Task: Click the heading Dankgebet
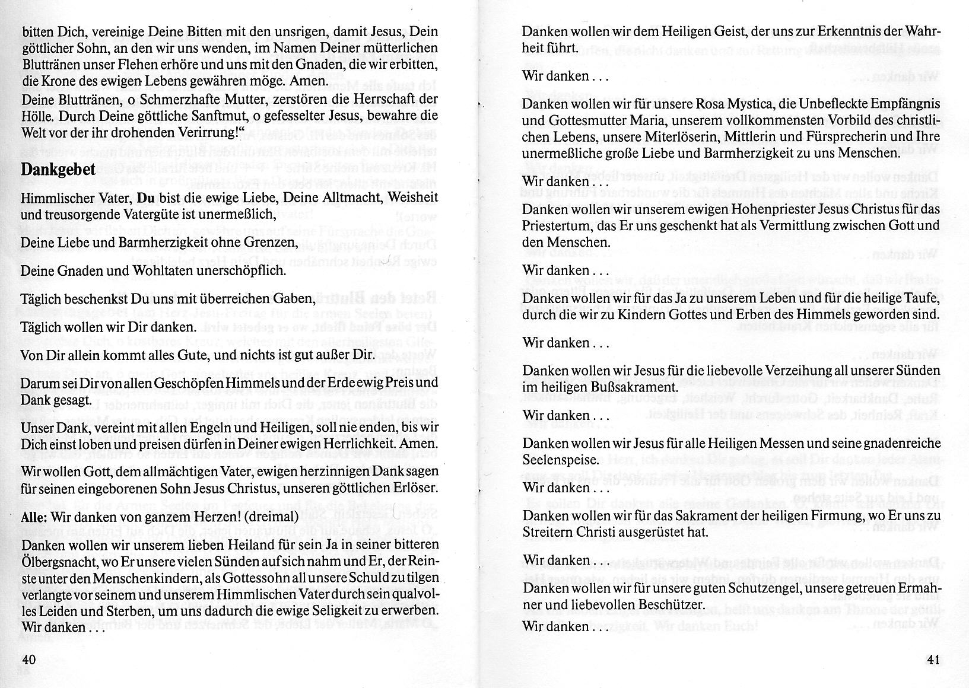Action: pos(58,170)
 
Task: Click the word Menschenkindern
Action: pos(123,578)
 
